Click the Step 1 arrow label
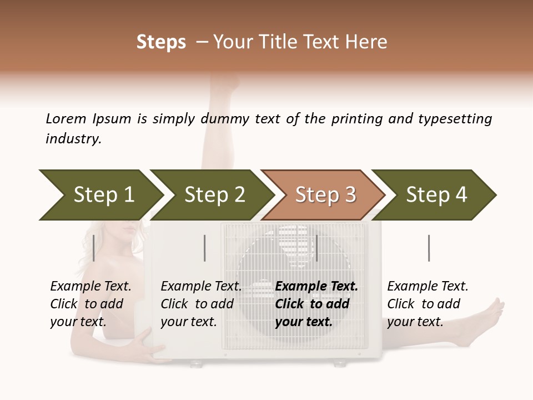pyautogui.click(x=104, y=195)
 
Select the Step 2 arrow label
pyautogui.click(x=215, y=195)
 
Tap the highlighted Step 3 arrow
pyautogui.click(x=325, y=195)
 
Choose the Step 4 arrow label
pyautogui.click(x=436, y=195)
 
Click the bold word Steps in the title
pyautogui.click(x=161, y=42)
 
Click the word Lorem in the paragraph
pyautogui.click(x=66, y=118)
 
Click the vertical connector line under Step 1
pyautogui.click(x=94, y=248)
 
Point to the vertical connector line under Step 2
pyautogui.click(x=205, y=248)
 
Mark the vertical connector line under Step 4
pyautogui.click(x=429, y=248)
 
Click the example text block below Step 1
pyautogui.click(x=90, y=304)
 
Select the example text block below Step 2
pyautogui.click(x=201, y=304)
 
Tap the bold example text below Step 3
pyautogui.click(x=316, y=304)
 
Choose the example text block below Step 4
pyautogui.click(x=428, y=304)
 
